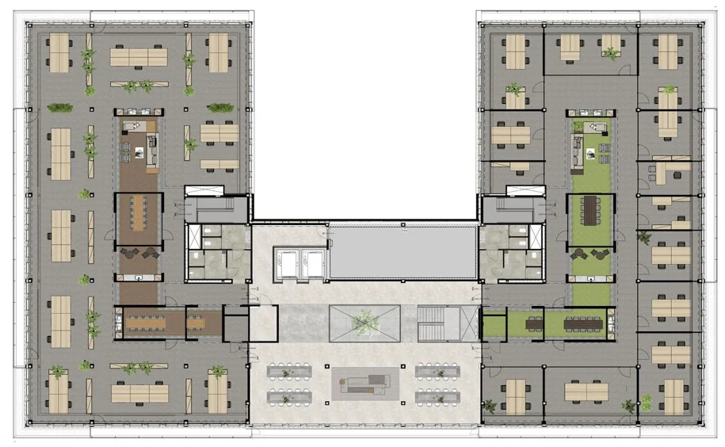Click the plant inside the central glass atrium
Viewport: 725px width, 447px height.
point(365,322)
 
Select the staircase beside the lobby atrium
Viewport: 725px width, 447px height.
point(438,323)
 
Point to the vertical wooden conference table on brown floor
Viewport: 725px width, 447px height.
point(139,213)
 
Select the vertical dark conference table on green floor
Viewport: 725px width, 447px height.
point(590,211)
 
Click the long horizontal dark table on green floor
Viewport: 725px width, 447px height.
point(583,323)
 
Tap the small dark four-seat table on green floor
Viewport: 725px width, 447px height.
point(534,323)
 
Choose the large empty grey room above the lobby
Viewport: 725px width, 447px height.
point(403,252)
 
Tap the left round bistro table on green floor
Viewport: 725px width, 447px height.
point(580,254)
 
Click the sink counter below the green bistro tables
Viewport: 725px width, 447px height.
point(590,278)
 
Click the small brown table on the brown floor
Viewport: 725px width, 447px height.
point(195,323)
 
